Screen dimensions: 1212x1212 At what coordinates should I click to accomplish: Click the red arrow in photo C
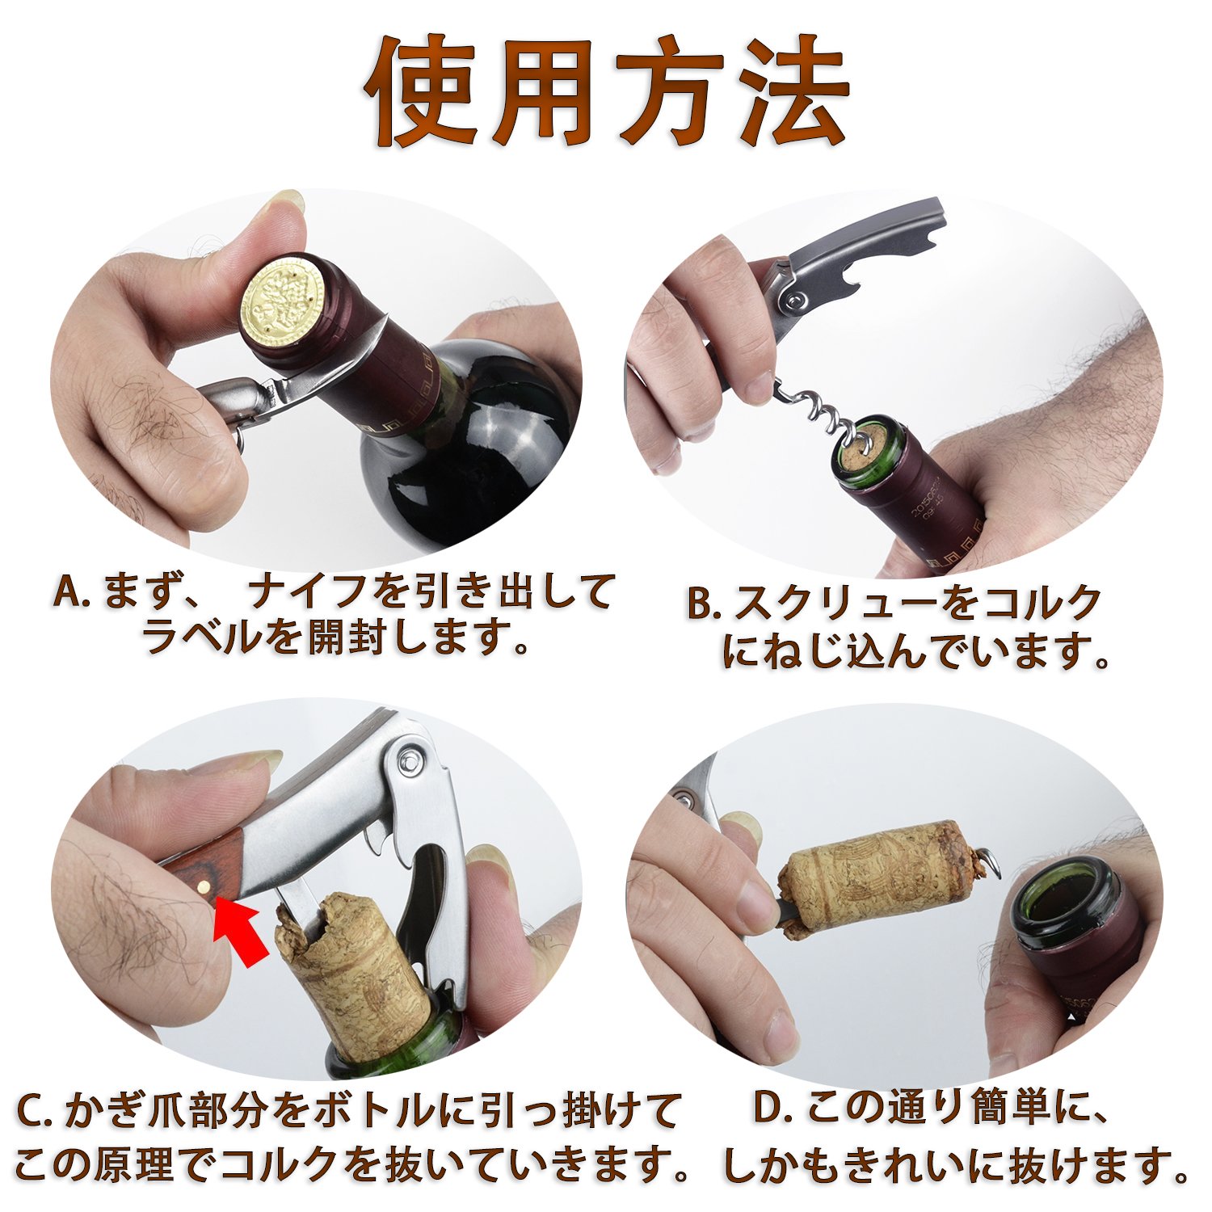coord(242,933)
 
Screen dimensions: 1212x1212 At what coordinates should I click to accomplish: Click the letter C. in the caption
coord(35,1113)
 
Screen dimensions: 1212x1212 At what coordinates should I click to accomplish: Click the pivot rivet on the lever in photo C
coord(413,760)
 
